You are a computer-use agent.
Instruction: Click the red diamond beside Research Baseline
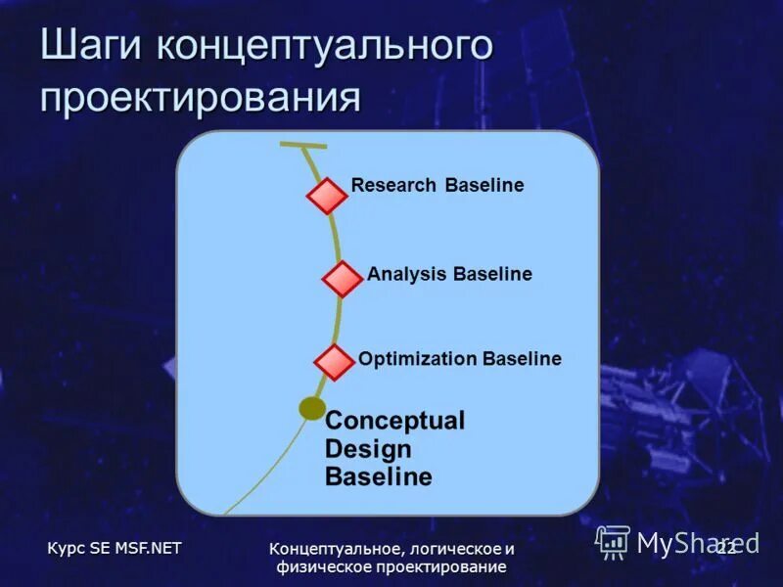[327, 196]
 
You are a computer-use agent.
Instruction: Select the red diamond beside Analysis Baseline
[342, 279]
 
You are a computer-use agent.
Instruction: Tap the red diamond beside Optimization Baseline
[334, 362]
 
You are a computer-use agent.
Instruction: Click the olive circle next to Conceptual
[312, 408]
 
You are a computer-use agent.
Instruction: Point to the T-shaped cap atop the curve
[302, 147]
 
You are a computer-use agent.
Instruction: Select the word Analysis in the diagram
[407, 274]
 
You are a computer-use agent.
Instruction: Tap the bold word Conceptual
[394, 421]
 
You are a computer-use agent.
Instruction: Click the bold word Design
[368, 449]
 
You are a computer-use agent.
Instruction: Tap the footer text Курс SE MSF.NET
[115, 548]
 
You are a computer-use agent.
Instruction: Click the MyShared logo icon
[613, 541]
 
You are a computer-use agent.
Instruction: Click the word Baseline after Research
[484, 185]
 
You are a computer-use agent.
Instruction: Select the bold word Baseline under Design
[378, 477]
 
